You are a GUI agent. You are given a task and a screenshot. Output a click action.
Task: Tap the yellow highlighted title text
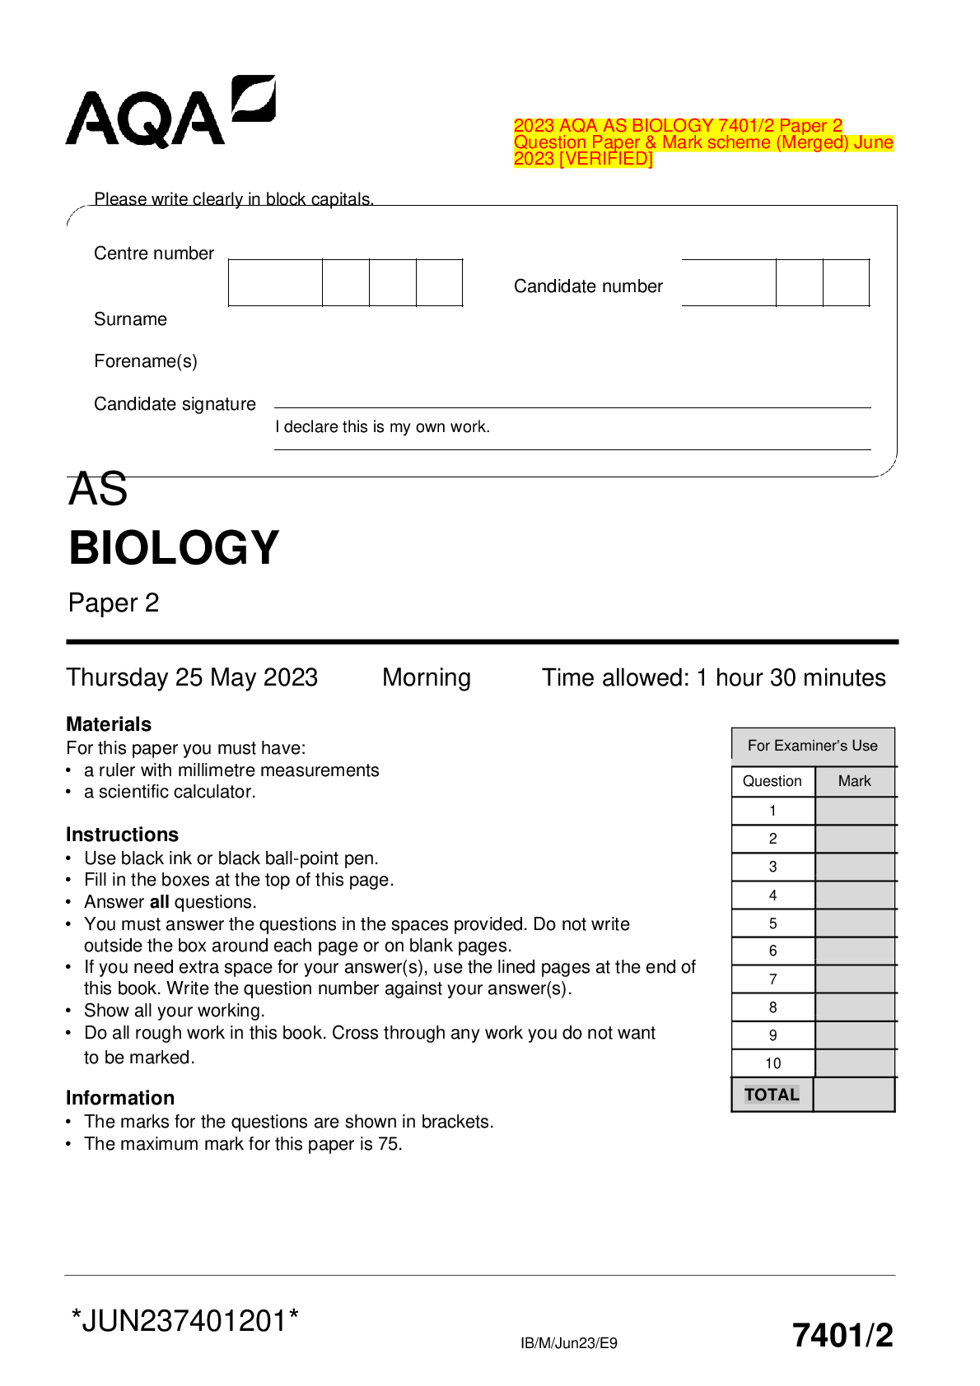pyautogui.click(x=702, y=142)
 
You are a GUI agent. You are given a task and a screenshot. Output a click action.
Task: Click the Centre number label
pyautogui.click(x=154, y=253)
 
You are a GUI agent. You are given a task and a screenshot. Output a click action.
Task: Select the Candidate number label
pyautogui.click(x=588, y=286)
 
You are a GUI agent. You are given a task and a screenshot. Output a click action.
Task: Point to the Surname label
pyautogui.click(x=130, y=319)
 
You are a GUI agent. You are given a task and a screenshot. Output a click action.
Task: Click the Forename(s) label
pyautogui.click(x=146, y=361)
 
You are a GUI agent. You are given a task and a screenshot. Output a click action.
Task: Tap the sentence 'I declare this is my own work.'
pyautogui.click(x=382, y=427)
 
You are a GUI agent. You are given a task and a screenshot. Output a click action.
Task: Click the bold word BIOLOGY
pyautogui.click(x=174, y=548)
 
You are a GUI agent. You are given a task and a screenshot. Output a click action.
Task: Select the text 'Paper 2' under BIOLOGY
pyautogui.click(x=114, y=603)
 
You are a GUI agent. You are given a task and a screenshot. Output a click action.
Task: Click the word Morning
pyautogui.click(x=427, y=677)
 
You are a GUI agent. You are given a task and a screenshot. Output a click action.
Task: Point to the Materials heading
pyautogui.click(x=109, y=724)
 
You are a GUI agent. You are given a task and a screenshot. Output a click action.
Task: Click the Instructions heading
pyautogui.click(x=122, y=835)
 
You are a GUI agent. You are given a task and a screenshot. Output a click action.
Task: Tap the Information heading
pyautogui.click(x=120, y=1098)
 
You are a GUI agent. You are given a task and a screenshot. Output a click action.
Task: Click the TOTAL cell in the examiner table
pyautogui.click(x=772, y=1095)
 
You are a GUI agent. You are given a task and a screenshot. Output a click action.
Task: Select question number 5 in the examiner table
pyautogui.click(x=772, y=923)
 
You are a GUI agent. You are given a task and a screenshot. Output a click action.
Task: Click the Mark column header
pyautogui.click(x=854, y=781)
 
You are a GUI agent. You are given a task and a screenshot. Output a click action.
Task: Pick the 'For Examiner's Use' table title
pyautogui.click(x=812, y=746)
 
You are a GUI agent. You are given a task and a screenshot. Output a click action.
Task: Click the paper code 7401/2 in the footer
pyautogui.click(x=842, y=1335)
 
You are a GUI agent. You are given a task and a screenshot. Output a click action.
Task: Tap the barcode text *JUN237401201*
pyautogui.click(x=185, y=1321)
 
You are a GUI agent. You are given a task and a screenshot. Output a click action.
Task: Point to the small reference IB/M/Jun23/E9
pyautogui.click(x=568, y=1343)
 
